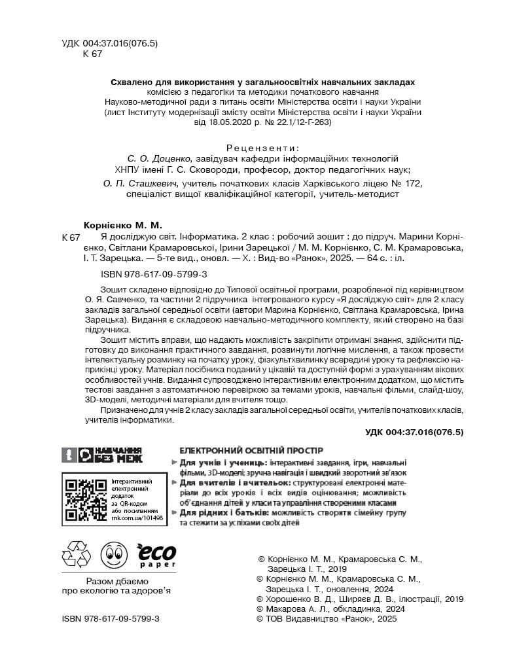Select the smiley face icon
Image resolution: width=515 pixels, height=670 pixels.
point(113,555)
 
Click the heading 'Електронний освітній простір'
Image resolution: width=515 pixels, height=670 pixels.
point(251,451)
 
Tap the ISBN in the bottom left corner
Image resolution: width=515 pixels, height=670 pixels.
point(110,618)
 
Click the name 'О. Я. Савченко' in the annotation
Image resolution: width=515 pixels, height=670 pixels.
point(115,300)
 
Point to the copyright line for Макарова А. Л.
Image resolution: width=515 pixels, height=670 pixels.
point(332,608)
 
